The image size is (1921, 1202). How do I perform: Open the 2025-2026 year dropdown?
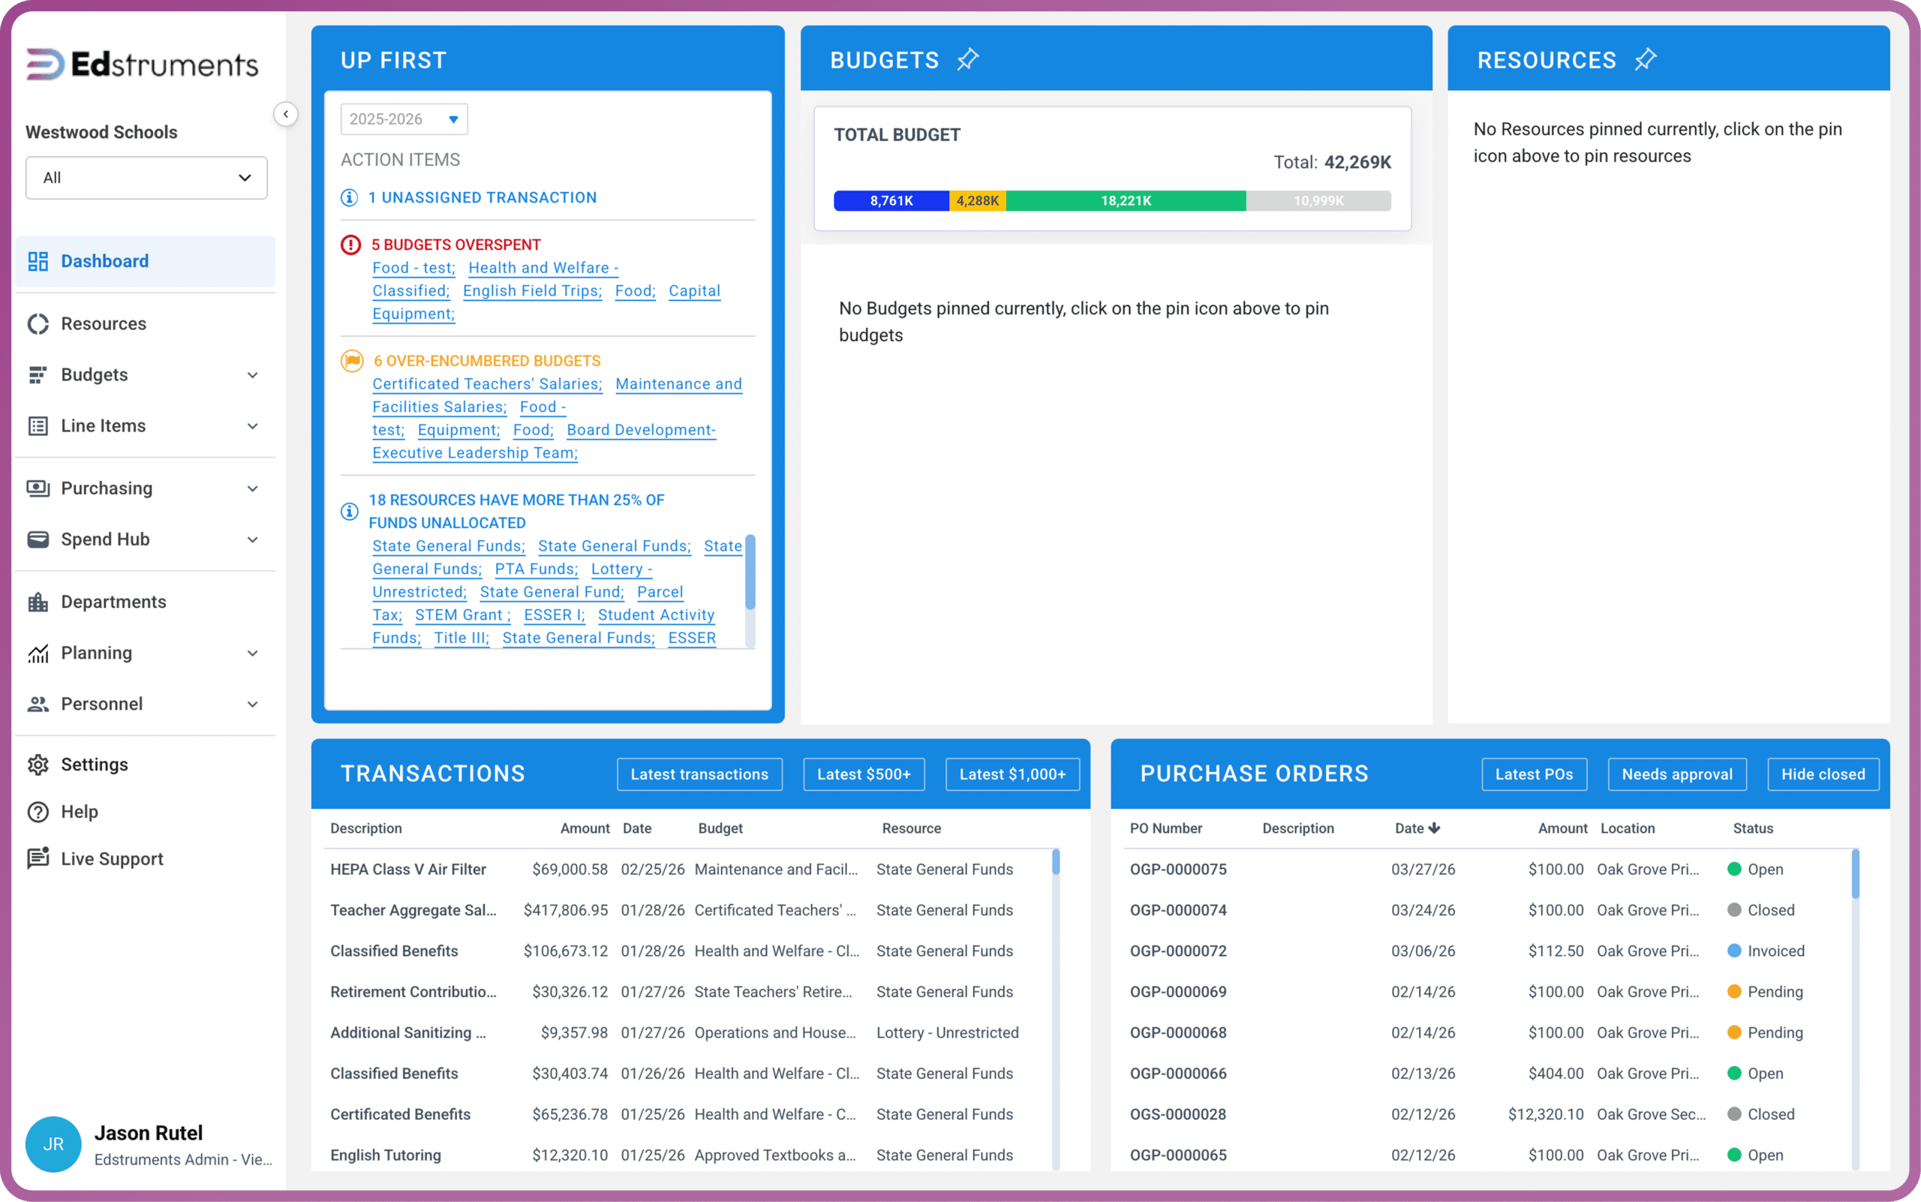point(404,119)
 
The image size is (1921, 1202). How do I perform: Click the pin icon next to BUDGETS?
point(968,59)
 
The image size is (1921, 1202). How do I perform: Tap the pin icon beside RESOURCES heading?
point(1645,59)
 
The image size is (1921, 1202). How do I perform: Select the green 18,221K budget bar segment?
point(1126,200)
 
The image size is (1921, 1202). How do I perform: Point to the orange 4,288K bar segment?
point(977,200)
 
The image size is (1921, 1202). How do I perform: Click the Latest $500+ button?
point(864,774)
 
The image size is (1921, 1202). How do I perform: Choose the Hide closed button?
point(1823,774)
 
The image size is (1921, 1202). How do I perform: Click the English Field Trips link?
point(532,291)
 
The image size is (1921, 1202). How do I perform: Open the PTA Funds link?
point(536,569)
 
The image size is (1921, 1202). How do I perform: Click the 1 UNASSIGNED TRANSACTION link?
point(482,197)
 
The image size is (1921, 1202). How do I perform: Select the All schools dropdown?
point(146,177)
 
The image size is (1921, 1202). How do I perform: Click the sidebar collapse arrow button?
point(285,114)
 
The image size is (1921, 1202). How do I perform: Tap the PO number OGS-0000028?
point(1177,1113)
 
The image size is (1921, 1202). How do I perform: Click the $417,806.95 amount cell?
point(565,909)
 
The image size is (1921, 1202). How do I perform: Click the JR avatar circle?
point(53,1144)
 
